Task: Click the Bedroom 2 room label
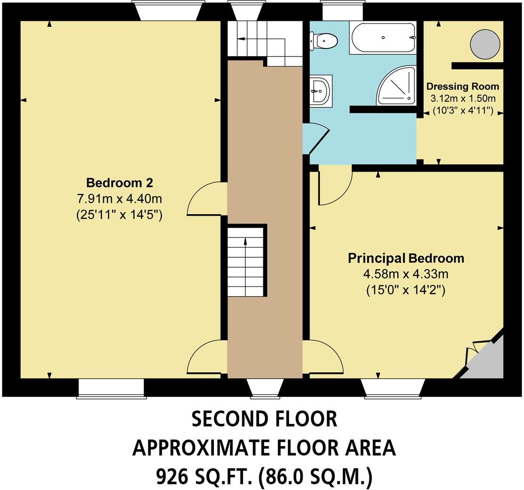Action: click(119, 183)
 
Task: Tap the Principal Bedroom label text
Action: click(406, 258)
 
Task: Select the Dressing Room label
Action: click(462, 87)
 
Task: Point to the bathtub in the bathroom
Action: click(383, 38)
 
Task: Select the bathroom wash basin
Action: click(321, 89)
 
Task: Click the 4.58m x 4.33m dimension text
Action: click(406, 274)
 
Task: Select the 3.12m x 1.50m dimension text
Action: click(462, 99)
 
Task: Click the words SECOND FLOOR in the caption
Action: click(264, 419)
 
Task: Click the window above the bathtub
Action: click(342, 10)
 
